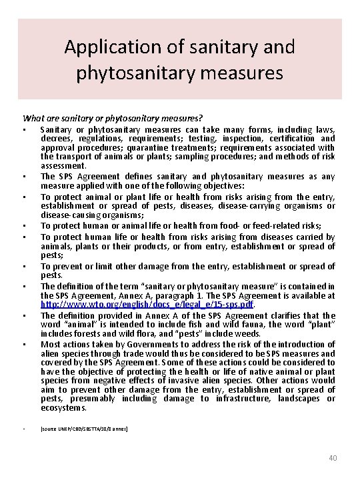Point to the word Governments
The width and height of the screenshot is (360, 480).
(139, 344)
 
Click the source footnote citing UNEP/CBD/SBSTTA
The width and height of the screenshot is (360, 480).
(84, 430)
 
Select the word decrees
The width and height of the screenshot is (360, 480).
(56, 138)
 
